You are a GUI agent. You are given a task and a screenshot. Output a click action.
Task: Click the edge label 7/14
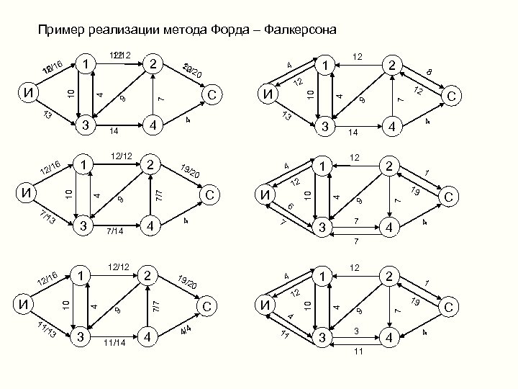click(115, 231)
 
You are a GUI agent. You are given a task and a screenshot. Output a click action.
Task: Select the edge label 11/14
click(115, 341)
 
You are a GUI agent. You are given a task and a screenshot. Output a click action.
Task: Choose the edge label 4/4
click(185, 330)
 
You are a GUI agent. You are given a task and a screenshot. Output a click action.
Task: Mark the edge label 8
click(429, 73)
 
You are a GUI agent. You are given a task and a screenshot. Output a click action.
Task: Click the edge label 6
click(290, 207)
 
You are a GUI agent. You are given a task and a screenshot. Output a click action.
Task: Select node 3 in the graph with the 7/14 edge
click(85, 227)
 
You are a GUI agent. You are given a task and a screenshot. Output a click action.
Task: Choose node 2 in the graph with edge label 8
click(391, 66)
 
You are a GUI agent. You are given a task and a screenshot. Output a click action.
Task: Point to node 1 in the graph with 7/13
click(85, 166)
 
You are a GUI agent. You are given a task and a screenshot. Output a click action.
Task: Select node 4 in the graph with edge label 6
click(391, 227)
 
